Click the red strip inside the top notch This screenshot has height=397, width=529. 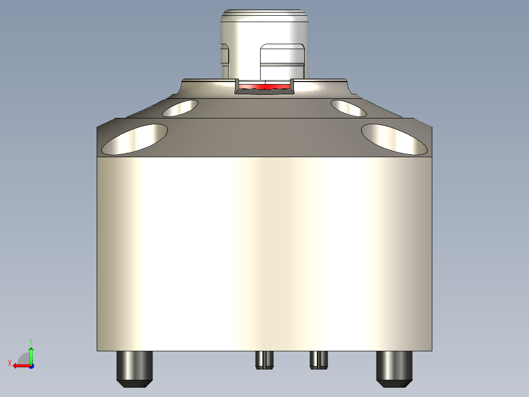264,86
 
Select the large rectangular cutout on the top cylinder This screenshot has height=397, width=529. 282,61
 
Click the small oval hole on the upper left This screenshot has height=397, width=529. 180,108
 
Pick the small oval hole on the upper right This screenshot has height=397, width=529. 348,108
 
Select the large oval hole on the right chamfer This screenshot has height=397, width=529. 394,139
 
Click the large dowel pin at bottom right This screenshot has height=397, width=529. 394,366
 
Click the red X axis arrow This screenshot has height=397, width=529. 20,366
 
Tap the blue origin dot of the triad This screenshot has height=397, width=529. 31,366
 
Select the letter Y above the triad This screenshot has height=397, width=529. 30,340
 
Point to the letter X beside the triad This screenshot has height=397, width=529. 9,363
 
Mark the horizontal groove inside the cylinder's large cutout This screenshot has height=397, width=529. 282,64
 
